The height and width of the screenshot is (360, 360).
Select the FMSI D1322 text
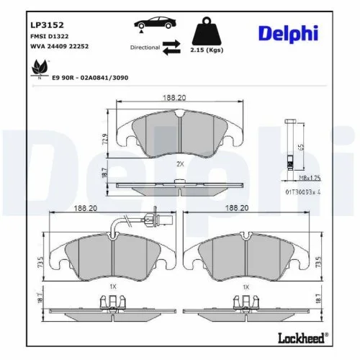point(43,37)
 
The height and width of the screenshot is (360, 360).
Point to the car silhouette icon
point(152,25)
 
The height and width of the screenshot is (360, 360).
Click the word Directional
point(145,48)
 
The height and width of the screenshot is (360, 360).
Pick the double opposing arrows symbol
point(172,48)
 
